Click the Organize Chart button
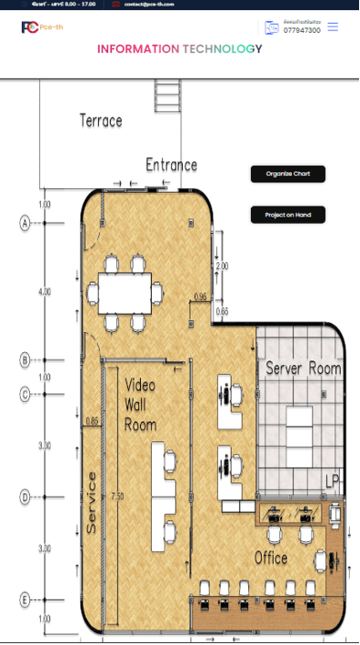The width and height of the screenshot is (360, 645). point(287,174)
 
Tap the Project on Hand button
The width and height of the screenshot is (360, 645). point(287,215)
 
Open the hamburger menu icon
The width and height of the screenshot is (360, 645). point(333,27)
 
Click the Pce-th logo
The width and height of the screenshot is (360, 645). point(37,27)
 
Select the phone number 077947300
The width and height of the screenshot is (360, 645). point(302,31)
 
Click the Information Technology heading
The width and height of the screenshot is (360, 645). point(179,49)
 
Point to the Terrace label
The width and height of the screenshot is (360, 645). point(101,120)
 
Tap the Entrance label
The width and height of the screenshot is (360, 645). point(171,165)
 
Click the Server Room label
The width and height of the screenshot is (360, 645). point(303,368)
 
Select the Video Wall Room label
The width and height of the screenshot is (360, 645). point(141,404)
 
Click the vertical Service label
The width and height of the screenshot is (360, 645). point(91,503)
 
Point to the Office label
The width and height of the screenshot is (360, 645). point(271,558)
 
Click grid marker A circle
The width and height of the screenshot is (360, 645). point(25,221)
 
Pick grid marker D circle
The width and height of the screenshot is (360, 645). point(25,497)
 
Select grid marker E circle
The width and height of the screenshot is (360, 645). point(25,600)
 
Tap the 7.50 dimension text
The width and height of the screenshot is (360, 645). point(116,498)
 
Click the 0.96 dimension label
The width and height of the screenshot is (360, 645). point(201,297)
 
